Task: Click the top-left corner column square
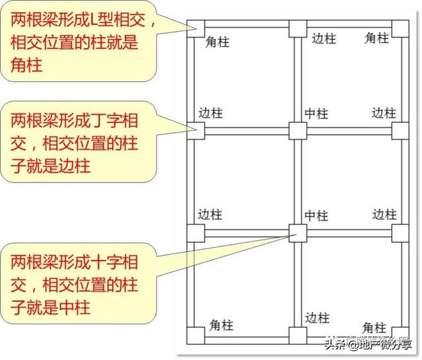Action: click(x=195, y=28)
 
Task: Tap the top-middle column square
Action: click(x=297, y=29)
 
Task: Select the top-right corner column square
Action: click(x=400, y=28)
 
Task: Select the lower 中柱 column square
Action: click(x=297, y=232)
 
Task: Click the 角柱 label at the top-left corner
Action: click(x=217, y=42)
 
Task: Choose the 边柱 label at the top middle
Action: click(x=323, y=39)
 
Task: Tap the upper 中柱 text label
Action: click(x=316, y=113)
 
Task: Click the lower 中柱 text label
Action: click(x=316, y=216)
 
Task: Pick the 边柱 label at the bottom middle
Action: click(x=317, y=318)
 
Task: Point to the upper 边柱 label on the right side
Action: click(x=384, y=113)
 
